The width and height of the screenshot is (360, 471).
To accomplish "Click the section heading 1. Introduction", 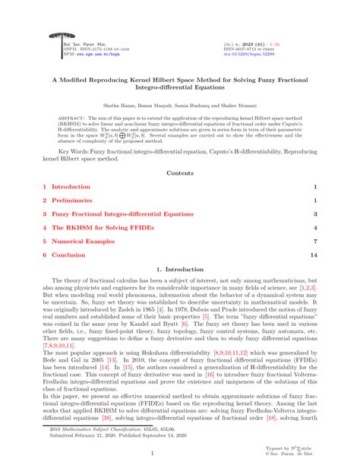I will click(179, 270).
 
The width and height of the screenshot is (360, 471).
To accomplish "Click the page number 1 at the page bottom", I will click(179, 454).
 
